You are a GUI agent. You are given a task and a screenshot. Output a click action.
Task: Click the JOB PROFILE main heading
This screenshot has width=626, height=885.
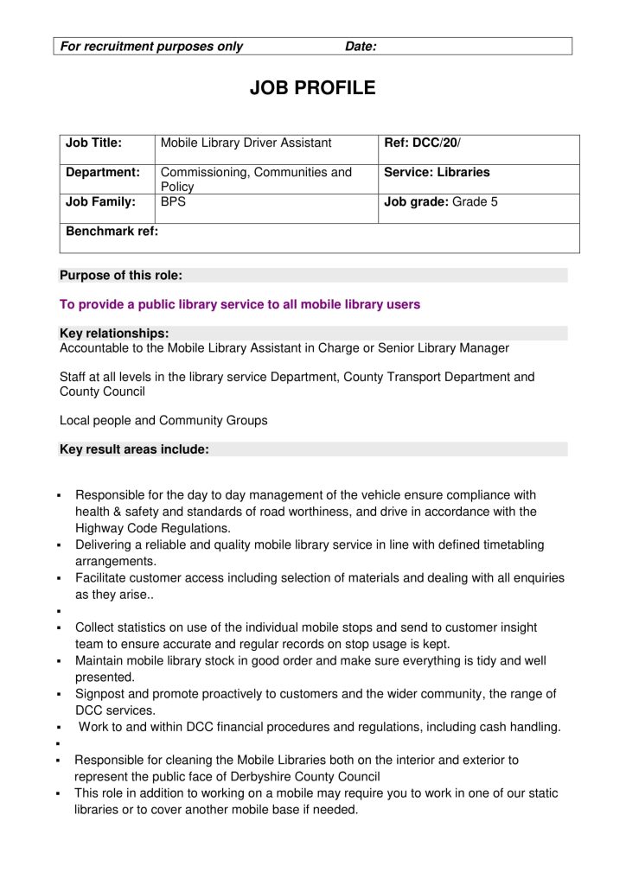[312, 88]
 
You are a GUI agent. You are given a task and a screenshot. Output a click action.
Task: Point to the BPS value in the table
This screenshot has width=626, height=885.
[174, 202]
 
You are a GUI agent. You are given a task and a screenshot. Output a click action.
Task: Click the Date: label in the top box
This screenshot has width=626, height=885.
[361, 47]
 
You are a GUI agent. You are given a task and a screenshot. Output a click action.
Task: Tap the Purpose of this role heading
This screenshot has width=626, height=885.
[120, 276]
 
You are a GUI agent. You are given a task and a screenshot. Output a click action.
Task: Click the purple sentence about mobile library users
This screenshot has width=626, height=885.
[240, 304]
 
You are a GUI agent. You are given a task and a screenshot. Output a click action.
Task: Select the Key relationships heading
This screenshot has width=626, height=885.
[114, 333]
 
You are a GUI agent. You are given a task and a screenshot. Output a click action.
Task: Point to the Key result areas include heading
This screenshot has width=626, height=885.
[134, 449]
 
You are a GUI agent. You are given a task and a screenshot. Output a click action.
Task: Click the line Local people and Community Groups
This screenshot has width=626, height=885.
[163, 421]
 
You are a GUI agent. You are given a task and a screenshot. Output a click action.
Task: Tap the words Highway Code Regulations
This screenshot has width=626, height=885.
[153, 528]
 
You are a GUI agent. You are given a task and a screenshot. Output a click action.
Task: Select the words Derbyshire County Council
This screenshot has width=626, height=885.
[297, 776]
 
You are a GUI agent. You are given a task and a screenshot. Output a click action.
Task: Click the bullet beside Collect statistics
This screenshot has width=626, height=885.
[57, 628]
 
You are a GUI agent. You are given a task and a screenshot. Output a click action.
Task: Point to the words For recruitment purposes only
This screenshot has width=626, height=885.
[151, 47]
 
